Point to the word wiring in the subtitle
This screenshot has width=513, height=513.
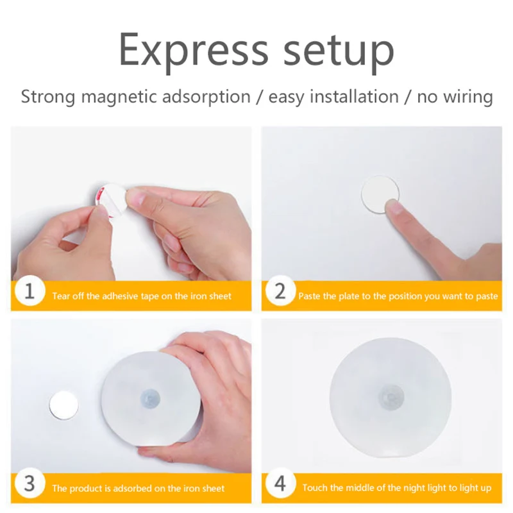pos(469,97)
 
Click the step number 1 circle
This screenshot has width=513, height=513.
pos(29,291)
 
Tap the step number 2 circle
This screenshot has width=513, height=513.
pos(280,291)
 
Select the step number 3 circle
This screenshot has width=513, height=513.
pos(29,484)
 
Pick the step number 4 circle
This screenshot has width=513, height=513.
pos(280,484)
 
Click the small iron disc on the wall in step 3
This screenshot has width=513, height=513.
pos(63,405)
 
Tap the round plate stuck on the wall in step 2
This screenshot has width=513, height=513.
pos(380,194)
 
